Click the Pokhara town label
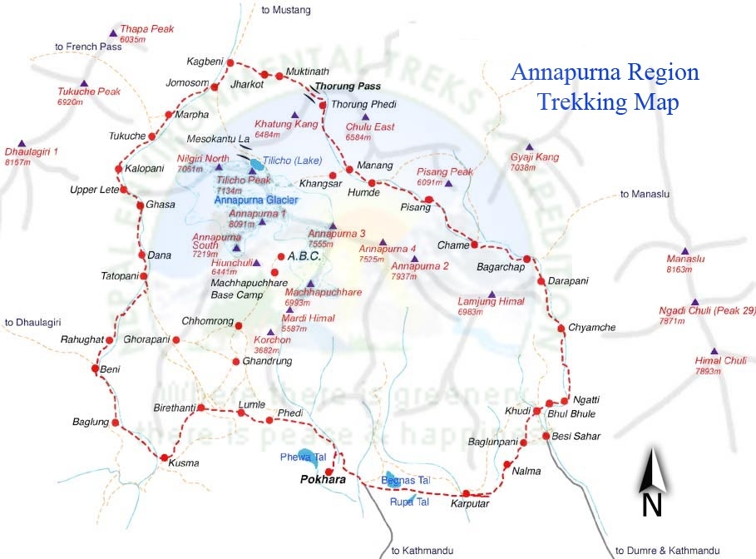coord(324,480)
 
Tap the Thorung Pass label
coord(347,87)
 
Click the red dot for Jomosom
coord(215,87)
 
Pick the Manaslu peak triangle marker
coord(685,250)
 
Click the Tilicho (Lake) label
coord(291,161)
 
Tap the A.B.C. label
coord(304,257)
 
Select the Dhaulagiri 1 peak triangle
coord(22,143)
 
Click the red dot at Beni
coord(94,369)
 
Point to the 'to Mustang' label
coord(285,10)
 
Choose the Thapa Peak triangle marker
coord(113,33)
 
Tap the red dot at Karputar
coord(467,493)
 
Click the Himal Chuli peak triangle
coord(714,351)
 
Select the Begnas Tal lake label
coord(406,481)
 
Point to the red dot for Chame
coord(474,245)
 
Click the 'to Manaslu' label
coord(645,194)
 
